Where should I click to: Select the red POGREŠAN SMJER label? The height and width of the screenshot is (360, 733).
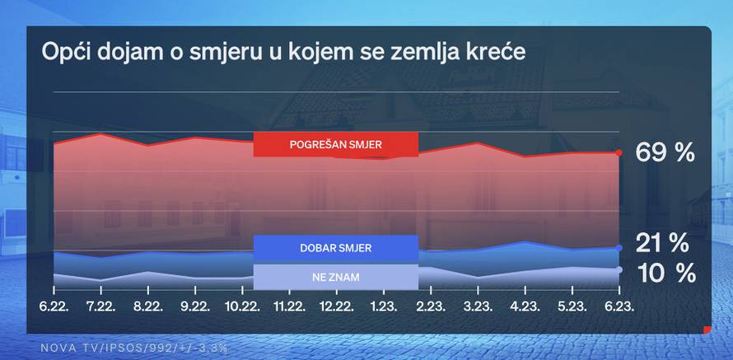(x=336, y=144)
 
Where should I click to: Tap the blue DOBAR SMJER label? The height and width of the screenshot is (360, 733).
(x=336, y=248)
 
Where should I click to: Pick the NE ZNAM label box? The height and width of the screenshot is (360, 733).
(x=336, y=277)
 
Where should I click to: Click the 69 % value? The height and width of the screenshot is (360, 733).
(x=665, y=152)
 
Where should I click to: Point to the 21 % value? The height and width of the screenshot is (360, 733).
(x=661, y=243)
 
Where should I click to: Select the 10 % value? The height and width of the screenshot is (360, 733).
(x=664, y=272)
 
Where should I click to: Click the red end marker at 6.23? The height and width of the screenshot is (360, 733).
(x=619, y=152)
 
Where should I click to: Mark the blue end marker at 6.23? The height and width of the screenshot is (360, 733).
(x=619, y=247)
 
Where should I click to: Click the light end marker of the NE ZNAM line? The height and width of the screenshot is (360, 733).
(x=619, y=269)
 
